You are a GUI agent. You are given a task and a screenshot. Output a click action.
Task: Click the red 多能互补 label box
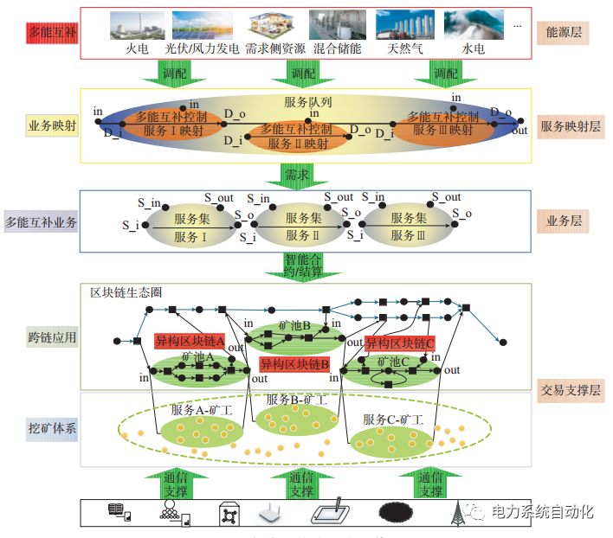pyautogui.click(x=52, y=34)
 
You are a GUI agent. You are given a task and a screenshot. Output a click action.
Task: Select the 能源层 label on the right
pyautogui.click(x=562, y=34)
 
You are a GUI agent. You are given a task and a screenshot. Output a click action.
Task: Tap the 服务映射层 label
pyautogui.click(x=571, y=126)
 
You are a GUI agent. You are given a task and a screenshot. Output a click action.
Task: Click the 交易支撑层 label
pyautogui.click(x=570, y=390)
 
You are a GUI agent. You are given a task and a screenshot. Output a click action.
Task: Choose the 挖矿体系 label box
pyautogui.click(x=52, y=429)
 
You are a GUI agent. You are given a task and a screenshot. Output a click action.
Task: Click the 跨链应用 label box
pyautogui.click(x=52, y=336)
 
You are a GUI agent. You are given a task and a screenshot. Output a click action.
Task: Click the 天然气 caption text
pyautogui.click(x=405, y=48)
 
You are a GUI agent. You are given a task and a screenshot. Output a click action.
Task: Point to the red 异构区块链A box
pyautogui.click(x=190, y=341)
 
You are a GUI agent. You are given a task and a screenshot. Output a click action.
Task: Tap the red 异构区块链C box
pyautogui.click(x=399, y=343)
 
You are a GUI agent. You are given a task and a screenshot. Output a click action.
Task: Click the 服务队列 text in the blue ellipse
pyautogui.click(x=308, y=101)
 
